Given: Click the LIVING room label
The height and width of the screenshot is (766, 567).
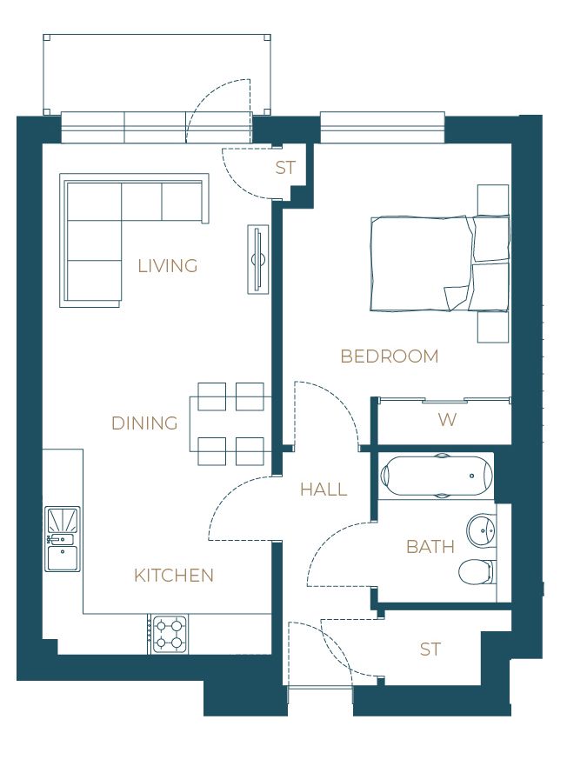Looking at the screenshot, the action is click(168, 266).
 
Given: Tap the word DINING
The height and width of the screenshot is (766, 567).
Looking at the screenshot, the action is click(144, 423).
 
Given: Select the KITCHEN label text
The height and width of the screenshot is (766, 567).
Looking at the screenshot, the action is click(174, 576).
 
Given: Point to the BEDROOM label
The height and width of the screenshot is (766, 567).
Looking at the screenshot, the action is click(389, 356).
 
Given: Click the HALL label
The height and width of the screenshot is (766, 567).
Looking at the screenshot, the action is click(324, 489).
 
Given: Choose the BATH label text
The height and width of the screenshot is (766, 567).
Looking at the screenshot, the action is click(430, 547).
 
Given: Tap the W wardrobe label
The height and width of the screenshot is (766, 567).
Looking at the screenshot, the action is click(447, 420).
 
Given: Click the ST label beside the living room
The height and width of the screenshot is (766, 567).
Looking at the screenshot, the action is click(285, 168).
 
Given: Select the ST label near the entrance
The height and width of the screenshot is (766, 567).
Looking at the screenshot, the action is click(430, 649).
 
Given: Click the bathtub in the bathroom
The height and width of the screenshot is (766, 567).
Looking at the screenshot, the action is click(437, 476).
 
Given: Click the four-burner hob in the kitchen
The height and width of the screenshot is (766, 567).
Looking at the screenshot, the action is click(169, 634).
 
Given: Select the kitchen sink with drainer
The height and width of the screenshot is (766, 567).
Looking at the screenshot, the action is click(62, 539).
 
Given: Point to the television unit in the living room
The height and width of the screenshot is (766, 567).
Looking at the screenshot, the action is click(258, 259).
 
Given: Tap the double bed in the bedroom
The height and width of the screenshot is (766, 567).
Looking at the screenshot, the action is click(440, 263).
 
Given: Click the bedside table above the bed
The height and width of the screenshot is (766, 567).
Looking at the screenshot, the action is click(493, 200).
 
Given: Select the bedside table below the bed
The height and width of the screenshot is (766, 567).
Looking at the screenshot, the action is click(493, 327).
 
